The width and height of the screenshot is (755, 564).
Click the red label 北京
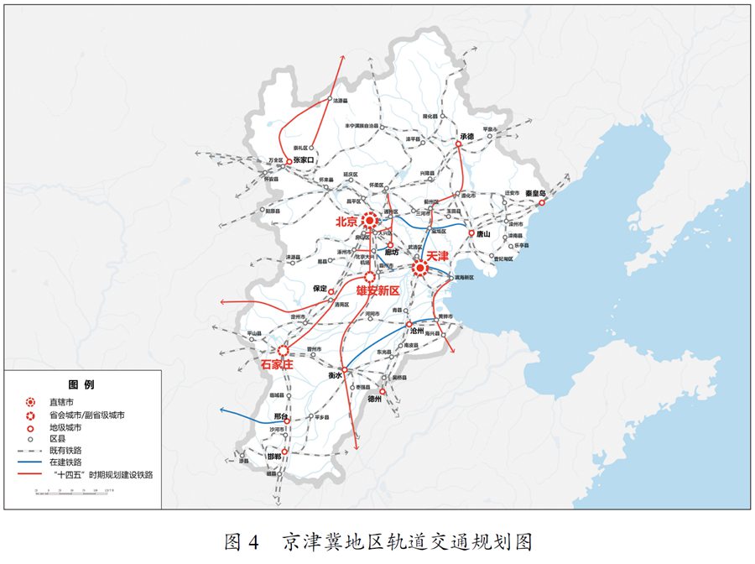click(346, 222)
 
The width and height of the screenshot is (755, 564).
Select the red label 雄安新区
click(377, 290)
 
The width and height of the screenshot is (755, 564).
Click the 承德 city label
click(467, 136)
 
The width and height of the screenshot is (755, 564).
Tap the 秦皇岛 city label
click(536, 193)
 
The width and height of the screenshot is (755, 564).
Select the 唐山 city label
click(482, 235)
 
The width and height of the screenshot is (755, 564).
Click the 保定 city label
click(320, 288)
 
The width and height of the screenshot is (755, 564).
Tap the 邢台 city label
click(281, 416)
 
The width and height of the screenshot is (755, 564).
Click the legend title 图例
click(81, 384)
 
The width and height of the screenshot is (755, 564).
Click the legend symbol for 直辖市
click(31, 402)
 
